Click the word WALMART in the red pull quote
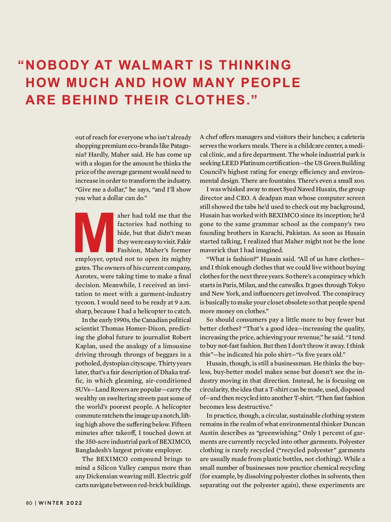tap(156, 65)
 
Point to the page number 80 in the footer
tap(29, 503)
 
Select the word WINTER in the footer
tap(51, 503)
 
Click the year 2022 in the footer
tap(74, 503)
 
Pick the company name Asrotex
tap(86, 276)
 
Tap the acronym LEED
tap(230, 163)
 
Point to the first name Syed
tap(289, 189)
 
